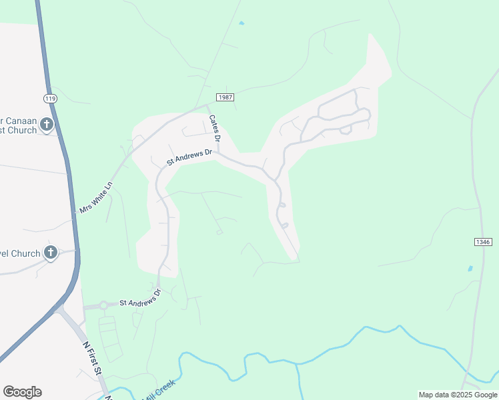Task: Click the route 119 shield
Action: (x=49, y=98)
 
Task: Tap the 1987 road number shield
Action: (x=225, y=97)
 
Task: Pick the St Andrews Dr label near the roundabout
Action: (x=140, y=299)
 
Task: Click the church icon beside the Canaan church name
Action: (x=47, y=124)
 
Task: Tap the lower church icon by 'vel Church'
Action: (x=51, y=253)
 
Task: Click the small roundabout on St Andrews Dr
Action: (x=103, y=305)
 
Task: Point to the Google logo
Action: (x=22, y=392)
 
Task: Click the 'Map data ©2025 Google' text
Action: (x=457, y=395)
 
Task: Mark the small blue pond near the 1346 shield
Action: (x=470, y=269)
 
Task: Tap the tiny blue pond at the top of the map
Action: (x=241, y=23)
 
